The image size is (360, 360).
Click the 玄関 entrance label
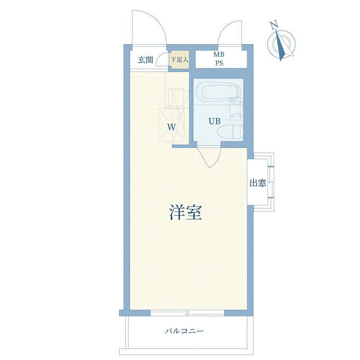(x=145, y=60)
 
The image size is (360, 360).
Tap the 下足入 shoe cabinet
(x=180, y=59)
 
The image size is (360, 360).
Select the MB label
(x=219, y=54)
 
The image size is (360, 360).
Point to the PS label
(x=219, y=63)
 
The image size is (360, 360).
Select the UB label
(x=215, y=121)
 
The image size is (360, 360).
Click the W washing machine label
(x=171, y=127)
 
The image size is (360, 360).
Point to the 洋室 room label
(x=185, y=212)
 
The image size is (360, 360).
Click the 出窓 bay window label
(x=258, y=183)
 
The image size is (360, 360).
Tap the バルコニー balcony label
(x=184, y=331)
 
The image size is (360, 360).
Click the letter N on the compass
(x=274, y=25)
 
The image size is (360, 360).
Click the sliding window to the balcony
(x=187, y=313)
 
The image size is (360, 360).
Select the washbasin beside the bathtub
(x=236, y=108)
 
